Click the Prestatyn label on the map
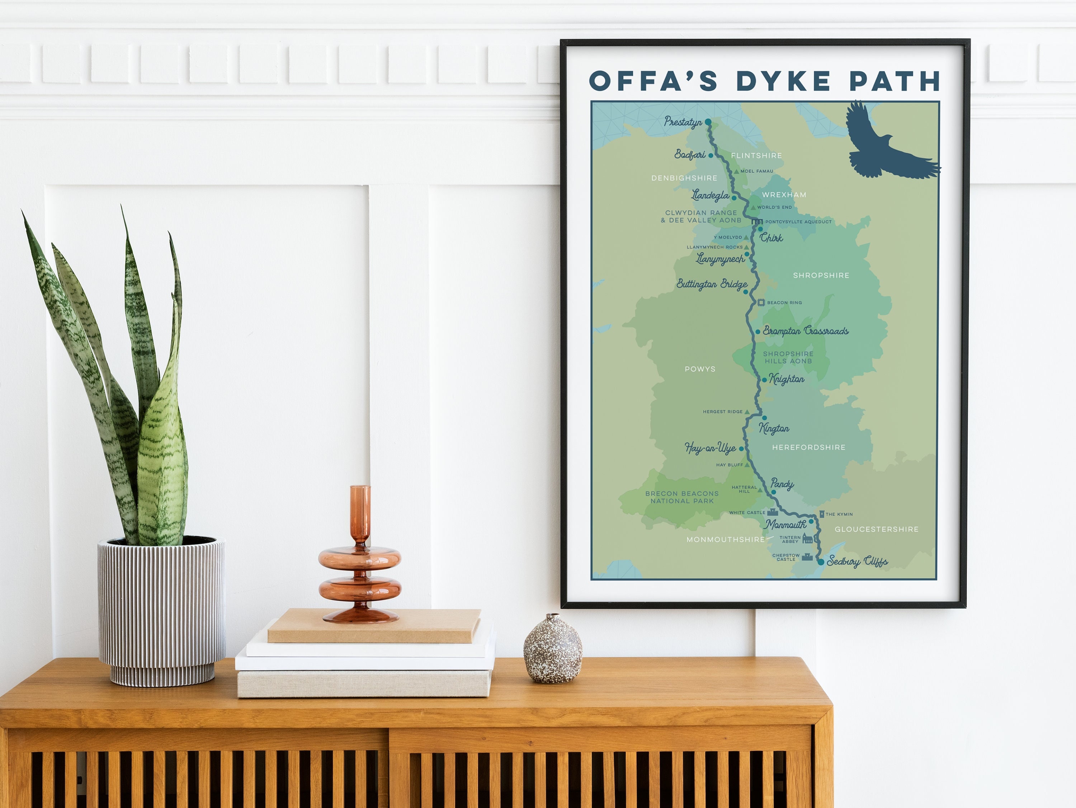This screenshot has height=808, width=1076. pos(683,122)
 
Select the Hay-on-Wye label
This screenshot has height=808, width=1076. pos(710,448)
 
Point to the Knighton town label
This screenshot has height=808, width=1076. pos(786,379)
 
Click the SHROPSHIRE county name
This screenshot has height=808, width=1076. pos(821,276)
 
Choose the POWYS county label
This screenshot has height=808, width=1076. pos(700,369)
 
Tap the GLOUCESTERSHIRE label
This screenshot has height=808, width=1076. pos(876,529)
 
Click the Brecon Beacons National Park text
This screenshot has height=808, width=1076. pos(681,497)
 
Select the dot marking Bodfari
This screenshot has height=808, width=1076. pos(711,156)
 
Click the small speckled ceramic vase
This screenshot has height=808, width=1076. pos(553,648)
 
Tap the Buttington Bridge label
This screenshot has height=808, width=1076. pos(711,284)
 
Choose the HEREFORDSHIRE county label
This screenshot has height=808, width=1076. pos(808,447)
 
